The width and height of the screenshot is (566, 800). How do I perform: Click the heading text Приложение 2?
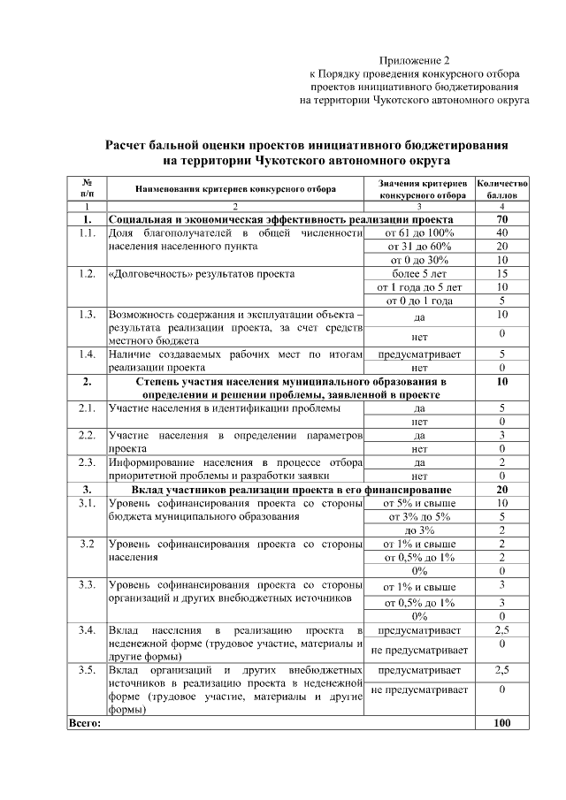tap(415, 59)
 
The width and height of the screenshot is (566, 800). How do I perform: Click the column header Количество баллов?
tap(502, 188)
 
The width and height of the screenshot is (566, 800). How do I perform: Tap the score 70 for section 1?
tap(502, 219)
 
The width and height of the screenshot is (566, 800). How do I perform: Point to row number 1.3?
tap(87, 315)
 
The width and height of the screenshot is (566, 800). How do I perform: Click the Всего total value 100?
tap(502, 723)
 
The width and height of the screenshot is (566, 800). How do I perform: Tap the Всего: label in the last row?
tap(85, 723)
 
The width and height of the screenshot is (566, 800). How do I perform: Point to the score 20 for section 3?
tap(502, 489)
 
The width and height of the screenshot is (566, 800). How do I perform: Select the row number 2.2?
tap(87, 436)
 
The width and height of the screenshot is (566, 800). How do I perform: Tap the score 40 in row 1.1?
tap(502, 232)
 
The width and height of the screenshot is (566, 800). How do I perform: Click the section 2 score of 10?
tap(502, 382)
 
